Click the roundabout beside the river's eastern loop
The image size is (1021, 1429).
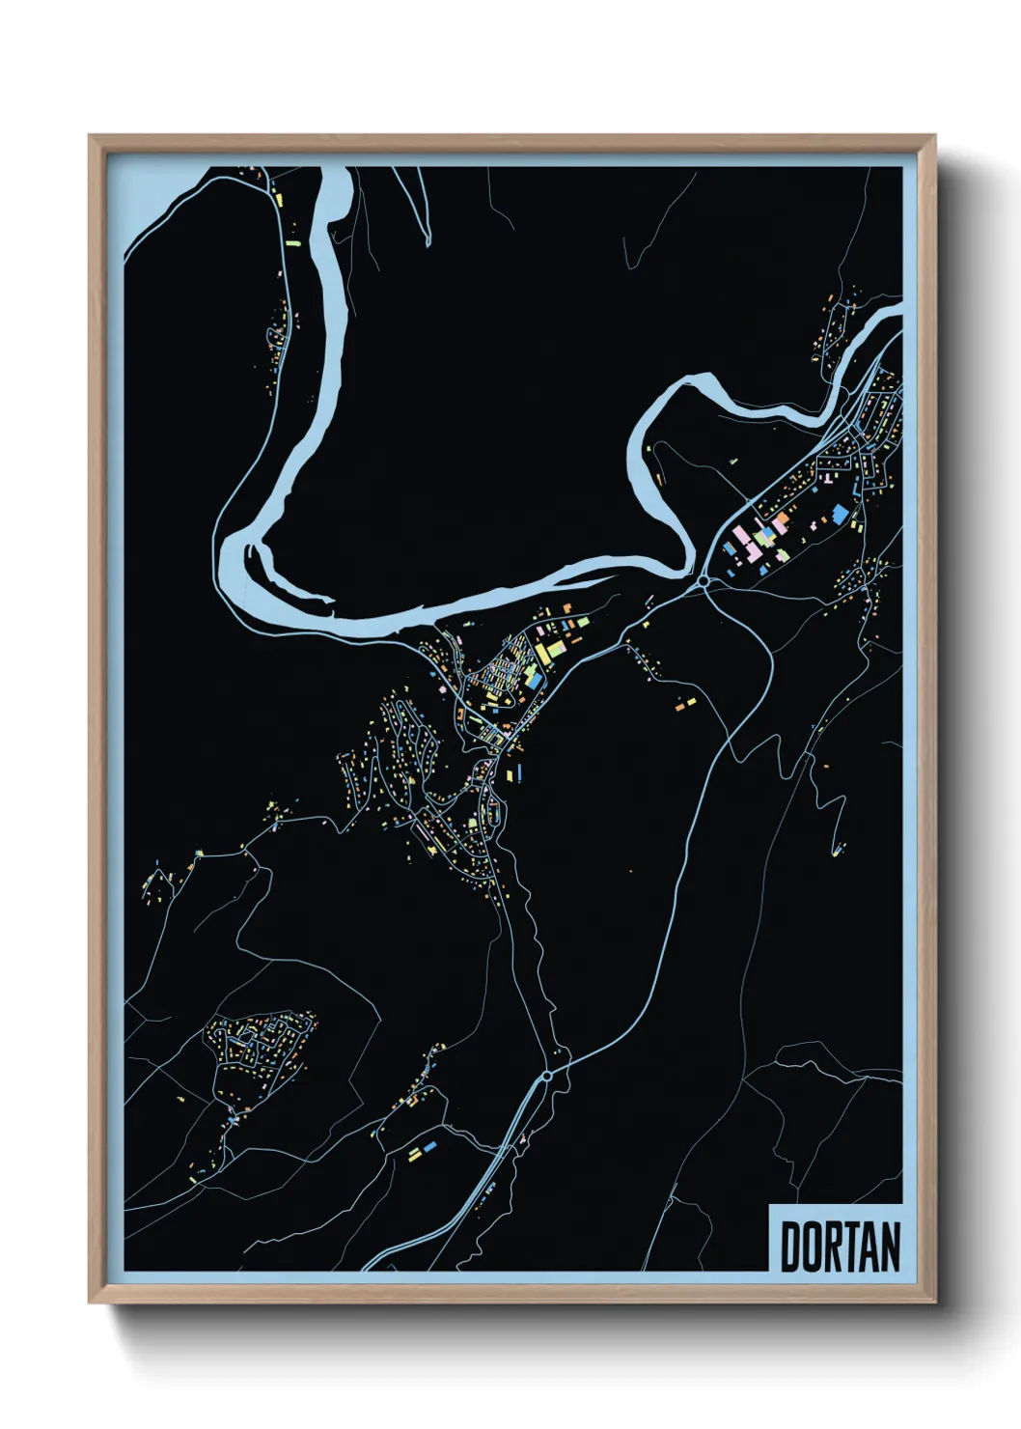click(704, 581)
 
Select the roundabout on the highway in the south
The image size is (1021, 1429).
click(547, 1074)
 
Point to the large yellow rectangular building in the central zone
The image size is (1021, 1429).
click(543, 654)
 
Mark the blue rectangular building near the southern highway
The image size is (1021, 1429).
click(429, 1146)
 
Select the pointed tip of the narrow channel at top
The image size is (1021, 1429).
click(428, 244)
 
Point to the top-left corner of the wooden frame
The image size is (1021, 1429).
click(91, 137)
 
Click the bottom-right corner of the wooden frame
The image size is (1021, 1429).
click(934, 1303)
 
